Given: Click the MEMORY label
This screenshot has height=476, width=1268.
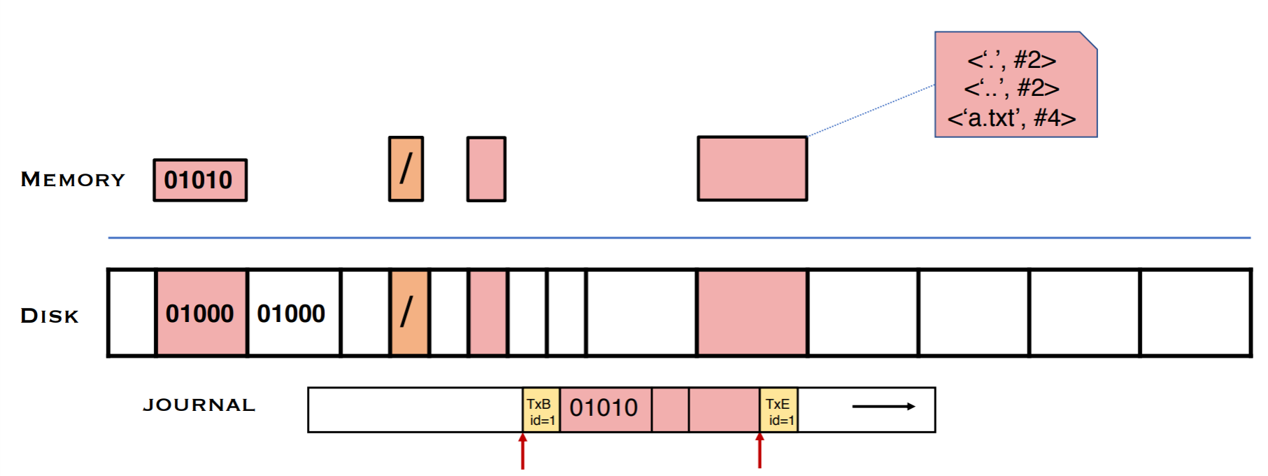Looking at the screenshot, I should coord(73,180).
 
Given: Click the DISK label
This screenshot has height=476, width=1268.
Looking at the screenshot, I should coord(50,316).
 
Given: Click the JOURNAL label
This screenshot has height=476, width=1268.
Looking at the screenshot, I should coord(199,405).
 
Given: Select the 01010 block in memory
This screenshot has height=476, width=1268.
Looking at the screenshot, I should coord(200,180).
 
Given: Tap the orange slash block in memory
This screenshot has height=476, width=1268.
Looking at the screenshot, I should coord(406,169).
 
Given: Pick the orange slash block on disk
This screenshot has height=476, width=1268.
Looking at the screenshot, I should coord(409,313).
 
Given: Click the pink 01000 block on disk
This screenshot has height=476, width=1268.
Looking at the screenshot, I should coord(201,313).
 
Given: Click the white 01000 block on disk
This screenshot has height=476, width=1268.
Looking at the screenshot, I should coord(292,313).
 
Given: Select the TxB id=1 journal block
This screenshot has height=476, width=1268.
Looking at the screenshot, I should coord(541,411).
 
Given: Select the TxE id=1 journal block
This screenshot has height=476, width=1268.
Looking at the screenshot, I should coord(778,411).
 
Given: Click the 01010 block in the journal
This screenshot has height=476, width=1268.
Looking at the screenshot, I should coord(604,408).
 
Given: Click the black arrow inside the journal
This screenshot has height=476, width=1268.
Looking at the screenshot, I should coord(883,406).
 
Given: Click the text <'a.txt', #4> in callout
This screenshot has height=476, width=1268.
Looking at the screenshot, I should coord(1011,118).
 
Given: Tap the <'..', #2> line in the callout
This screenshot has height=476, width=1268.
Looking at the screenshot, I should coord(1011,89).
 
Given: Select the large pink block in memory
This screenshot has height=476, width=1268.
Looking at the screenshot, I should coord(753,169).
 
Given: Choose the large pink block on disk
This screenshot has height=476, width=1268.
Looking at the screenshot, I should coord(753,313).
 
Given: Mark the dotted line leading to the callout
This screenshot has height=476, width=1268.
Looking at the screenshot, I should coord(871,110).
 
